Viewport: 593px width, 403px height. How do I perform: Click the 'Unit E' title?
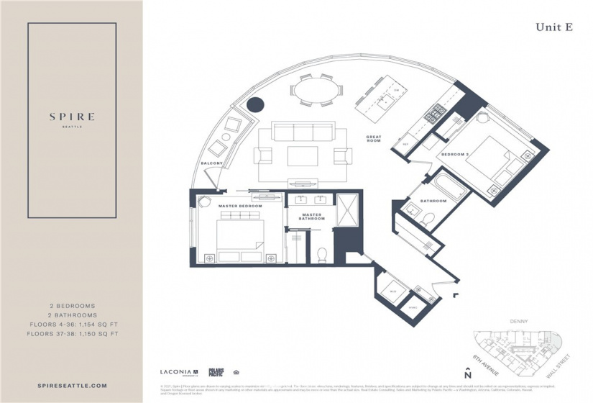[553, 27]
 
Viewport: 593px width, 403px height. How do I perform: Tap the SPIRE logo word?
[71, 116]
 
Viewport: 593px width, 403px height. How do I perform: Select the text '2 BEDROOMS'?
[71, 306]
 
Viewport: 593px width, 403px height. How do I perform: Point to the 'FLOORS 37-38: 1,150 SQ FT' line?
[71, 334]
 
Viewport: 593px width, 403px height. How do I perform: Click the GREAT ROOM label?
[373, 139]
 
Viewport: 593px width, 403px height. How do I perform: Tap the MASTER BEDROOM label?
[240, 206]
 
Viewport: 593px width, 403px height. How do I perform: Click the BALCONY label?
[211, 163]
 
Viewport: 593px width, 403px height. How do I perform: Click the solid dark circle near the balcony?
[255, 104]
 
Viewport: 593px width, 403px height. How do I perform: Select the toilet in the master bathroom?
[322, 254]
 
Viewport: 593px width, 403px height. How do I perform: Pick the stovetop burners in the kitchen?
[434, 113]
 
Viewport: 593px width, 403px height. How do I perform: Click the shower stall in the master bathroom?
[347, 209]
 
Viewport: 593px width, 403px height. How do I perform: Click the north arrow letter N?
[468, 375]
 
